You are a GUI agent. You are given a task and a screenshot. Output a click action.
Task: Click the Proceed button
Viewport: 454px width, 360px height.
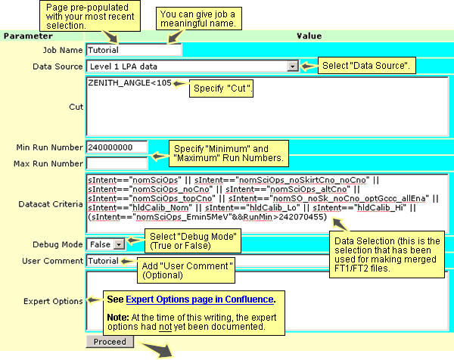pyautogui.click(x=110, y=342)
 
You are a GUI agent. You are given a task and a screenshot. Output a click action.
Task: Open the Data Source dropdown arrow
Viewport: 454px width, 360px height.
pyautogui.click(x=292, y=67)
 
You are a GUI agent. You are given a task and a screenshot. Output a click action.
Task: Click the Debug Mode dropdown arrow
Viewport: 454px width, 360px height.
pyautogui.click(x=119, y=244)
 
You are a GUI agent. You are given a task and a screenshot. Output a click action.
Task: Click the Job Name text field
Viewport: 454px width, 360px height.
pyautogui.click(x=134, y=50)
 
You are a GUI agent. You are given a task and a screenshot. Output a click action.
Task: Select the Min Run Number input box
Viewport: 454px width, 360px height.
pyautogui.click(x=117, y=147)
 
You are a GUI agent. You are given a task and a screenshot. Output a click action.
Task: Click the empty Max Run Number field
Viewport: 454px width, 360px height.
pyautogui.click(x=117, y=163)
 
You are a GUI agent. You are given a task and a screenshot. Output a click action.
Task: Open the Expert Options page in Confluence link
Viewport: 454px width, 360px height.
pyautogui.click(x=200, y=299)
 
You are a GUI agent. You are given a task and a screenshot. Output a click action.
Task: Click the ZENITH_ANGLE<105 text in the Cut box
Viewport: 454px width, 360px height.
pyautogui.click(x=129, y=82)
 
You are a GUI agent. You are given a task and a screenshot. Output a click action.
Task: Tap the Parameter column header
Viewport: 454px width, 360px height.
pyautogui.click(x=28, y=36)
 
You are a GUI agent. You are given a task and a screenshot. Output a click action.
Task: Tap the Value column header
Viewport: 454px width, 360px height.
pyautogui.click(x=309, y=36)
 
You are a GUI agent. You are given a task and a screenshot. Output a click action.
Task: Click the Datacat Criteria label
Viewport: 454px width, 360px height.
pyautogui.click(x=51, y=204)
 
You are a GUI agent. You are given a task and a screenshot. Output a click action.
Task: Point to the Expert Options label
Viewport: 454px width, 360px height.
pyautogui.click(x=53, y=301)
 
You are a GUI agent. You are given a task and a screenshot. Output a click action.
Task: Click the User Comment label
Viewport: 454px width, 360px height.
pyautogui.click(x=53, y=261)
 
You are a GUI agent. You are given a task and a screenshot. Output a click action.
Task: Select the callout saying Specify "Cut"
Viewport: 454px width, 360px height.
pyautogui.click(x=221, y=88)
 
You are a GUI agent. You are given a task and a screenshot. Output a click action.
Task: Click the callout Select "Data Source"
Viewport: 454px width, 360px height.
pyautogui.click(x=366, y=65)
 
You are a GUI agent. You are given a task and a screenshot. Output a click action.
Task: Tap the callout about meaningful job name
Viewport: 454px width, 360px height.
pyautogui.click(x=199, y=19)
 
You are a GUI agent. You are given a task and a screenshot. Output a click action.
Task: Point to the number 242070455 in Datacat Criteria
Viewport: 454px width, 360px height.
pyautogui.click(x=301, y=217)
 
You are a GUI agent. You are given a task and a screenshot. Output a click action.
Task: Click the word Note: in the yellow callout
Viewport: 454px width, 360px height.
pyautogui.click(x=118, y=318)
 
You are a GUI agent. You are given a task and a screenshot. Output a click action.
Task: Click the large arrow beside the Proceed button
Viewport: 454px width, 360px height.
pyautogui.click(x=158, y=349)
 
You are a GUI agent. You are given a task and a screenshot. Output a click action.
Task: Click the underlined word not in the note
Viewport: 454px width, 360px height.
pyautogui.click(x=165, y=327)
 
